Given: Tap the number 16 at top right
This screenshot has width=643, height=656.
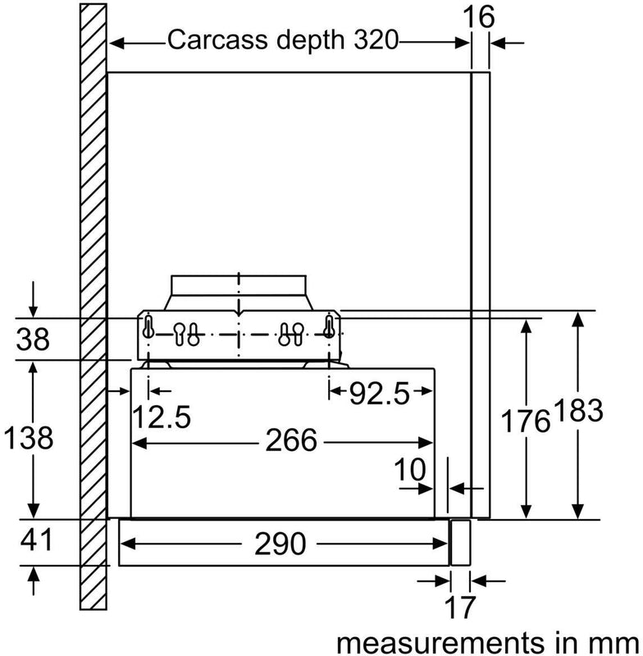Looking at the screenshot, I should [x=481, y=16].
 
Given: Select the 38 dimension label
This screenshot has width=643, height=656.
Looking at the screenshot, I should [x=34, y=339].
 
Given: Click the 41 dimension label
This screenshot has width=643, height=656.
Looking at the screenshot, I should [x=34, y=541].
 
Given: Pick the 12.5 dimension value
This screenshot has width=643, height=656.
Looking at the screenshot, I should [x=162, y=417].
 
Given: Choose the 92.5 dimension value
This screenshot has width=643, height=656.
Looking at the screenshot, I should [x=379, y=394].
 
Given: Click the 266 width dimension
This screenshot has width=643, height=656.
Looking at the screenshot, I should [x=290, y=441].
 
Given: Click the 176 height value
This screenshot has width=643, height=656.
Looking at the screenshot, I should [x=525, y=421].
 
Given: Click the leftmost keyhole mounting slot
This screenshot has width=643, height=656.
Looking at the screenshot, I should [x=149, y=327].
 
